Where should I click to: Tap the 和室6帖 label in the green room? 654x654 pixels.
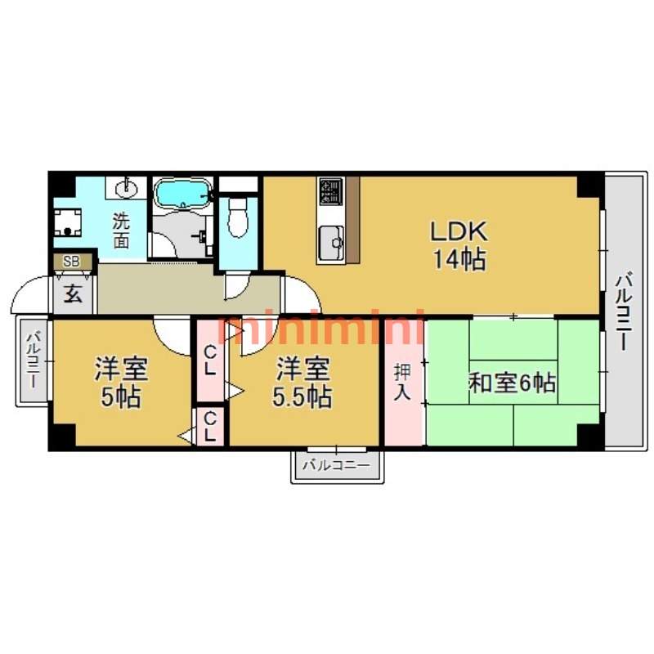(512, 383)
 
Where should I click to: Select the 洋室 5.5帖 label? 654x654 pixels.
(303, 383)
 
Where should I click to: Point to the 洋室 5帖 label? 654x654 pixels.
(121, 383)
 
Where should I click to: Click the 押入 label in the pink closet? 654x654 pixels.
(403, 382)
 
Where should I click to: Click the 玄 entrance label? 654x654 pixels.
(73, 294)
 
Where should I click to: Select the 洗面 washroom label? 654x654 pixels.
(121, 230)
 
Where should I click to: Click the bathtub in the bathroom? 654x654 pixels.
(182, 195)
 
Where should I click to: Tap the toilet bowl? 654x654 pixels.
(238, 218)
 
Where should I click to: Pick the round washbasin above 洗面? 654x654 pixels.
(127, 190)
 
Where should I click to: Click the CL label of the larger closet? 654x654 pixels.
(210, 361)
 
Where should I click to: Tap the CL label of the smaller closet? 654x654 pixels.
(210, 427)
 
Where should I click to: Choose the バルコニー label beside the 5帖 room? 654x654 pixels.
(34, 360)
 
